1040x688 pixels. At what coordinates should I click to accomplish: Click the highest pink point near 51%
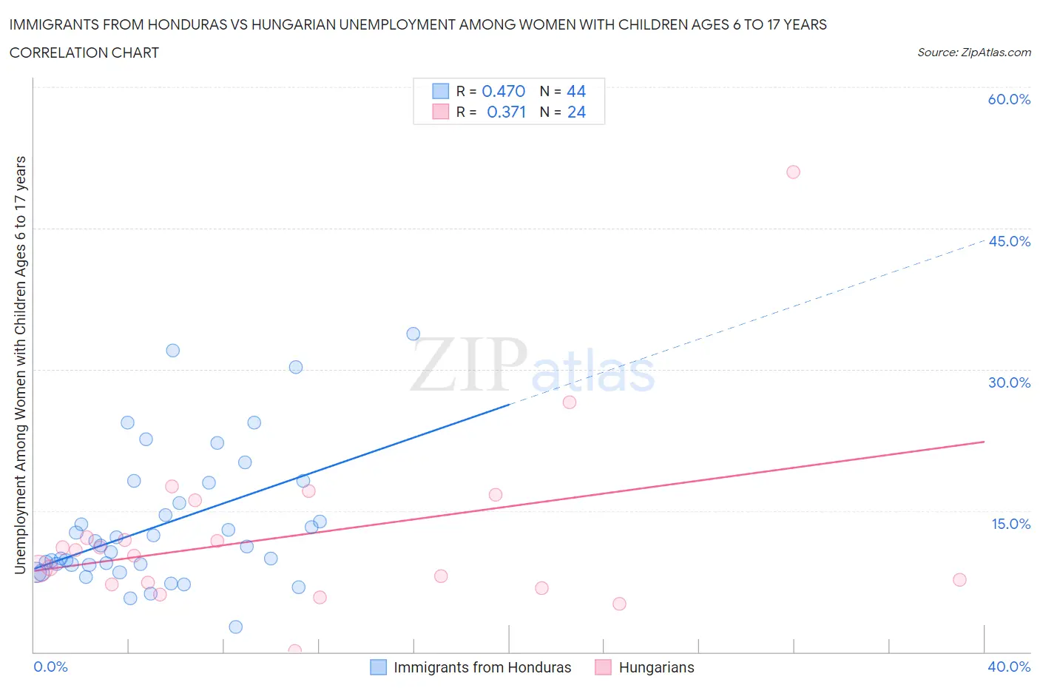coord(793,172)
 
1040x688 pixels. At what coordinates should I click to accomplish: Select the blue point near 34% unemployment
coord(413,334)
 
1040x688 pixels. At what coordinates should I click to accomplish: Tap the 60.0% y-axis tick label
coord(1009,99)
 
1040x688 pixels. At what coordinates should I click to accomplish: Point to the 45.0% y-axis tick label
coord(1009,241)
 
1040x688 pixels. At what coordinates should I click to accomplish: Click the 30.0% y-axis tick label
coord(1009,382)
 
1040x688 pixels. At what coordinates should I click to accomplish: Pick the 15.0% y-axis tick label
coord(1010,524)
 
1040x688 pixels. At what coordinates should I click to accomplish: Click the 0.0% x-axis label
coord(50,667)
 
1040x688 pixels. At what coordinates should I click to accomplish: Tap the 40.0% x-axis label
coord(1009,667)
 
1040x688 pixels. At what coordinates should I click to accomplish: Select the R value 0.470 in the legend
coord(503,91)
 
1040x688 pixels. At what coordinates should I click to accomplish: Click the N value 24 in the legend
coord(576,112)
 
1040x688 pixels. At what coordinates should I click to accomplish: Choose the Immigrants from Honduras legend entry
coord(471,667)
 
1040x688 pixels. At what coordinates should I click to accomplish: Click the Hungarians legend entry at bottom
coord(645,667)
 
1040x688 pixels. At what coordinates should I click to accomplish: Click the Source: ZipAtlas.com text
coord(973,53)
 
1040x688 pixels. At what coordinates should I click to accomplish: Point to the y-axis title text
coord(20,365)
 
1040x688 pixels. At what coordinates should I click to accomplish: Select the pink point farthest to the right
coord(959,579)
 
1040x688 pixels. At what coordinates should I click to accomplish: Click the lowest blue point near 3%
coord(235,627)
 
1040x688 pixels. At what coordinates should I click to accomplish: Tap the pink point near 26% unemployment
coord(569,402)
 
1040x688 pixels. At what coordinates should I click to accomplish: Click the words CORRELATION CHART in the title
coord(84,53)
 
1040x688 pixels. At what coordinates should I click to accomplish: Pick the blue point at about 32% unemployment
coord(172,351)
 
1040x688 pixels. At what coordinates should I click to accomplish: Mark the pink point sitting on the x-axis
coord(294,651)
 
